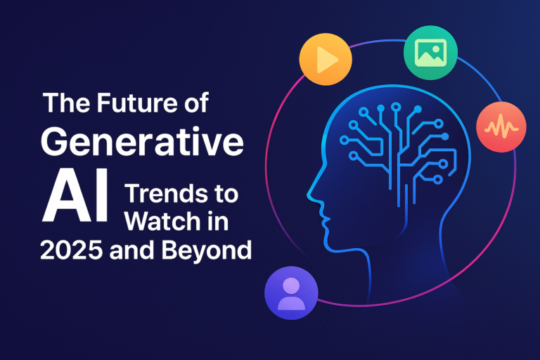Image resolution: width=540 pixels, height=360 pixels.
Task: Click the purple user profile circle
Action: coord(291,293)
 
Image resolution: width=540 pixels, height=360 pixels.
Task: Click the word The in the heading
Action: coord(65,103)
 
